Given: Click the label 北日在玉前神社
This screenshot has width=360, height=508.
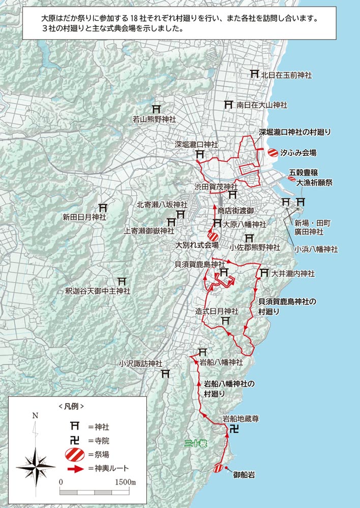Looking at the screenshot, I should tap(286, 75).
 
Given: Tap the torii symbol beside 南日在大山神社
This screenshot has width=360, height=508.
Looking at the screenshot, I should tap(228, 105).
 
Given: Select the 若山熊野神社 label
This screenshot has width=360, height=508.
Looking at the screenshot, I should tap(154, 119).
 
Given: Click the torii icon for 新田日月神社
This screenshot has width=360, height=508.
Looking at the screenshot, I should tap(103, 208).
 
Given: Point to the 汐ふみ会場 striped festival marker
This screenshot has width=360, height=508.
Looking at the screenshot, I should tap(273, 152).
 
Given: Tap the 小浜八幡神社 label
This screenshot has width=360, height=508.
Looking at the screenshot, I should tap(316, 250).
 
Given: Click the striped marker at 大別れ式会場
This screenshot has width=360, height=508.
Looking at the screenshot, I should tap(214, 236).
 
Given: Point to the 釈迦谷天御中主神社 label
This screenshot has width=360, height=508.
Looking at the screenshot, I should tap(98, 292).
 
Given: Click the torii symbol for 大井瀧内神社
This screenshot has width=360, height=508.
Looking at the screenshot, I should tap(264, 273).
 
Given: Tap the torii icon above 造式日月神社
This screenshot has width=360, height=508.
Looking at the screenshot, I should tap(225, 321).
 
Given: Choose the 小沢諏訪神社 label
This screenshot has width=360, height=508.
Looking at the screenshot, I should tap(141, 364).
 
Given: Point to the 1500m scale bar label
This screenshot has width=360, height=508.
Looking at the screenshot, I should tap(126, 482).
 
